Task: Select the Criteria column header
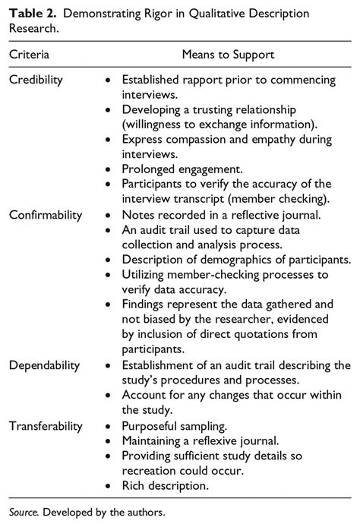tap(30, 55)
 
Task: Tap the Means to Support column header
tap(228, 55)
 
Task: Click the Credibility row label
tap(36, 80)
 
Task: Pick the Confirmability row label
tap(45, 215)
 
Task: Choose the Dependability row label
tap(43, 365)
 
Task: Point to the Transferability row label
tap(45, 426)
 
